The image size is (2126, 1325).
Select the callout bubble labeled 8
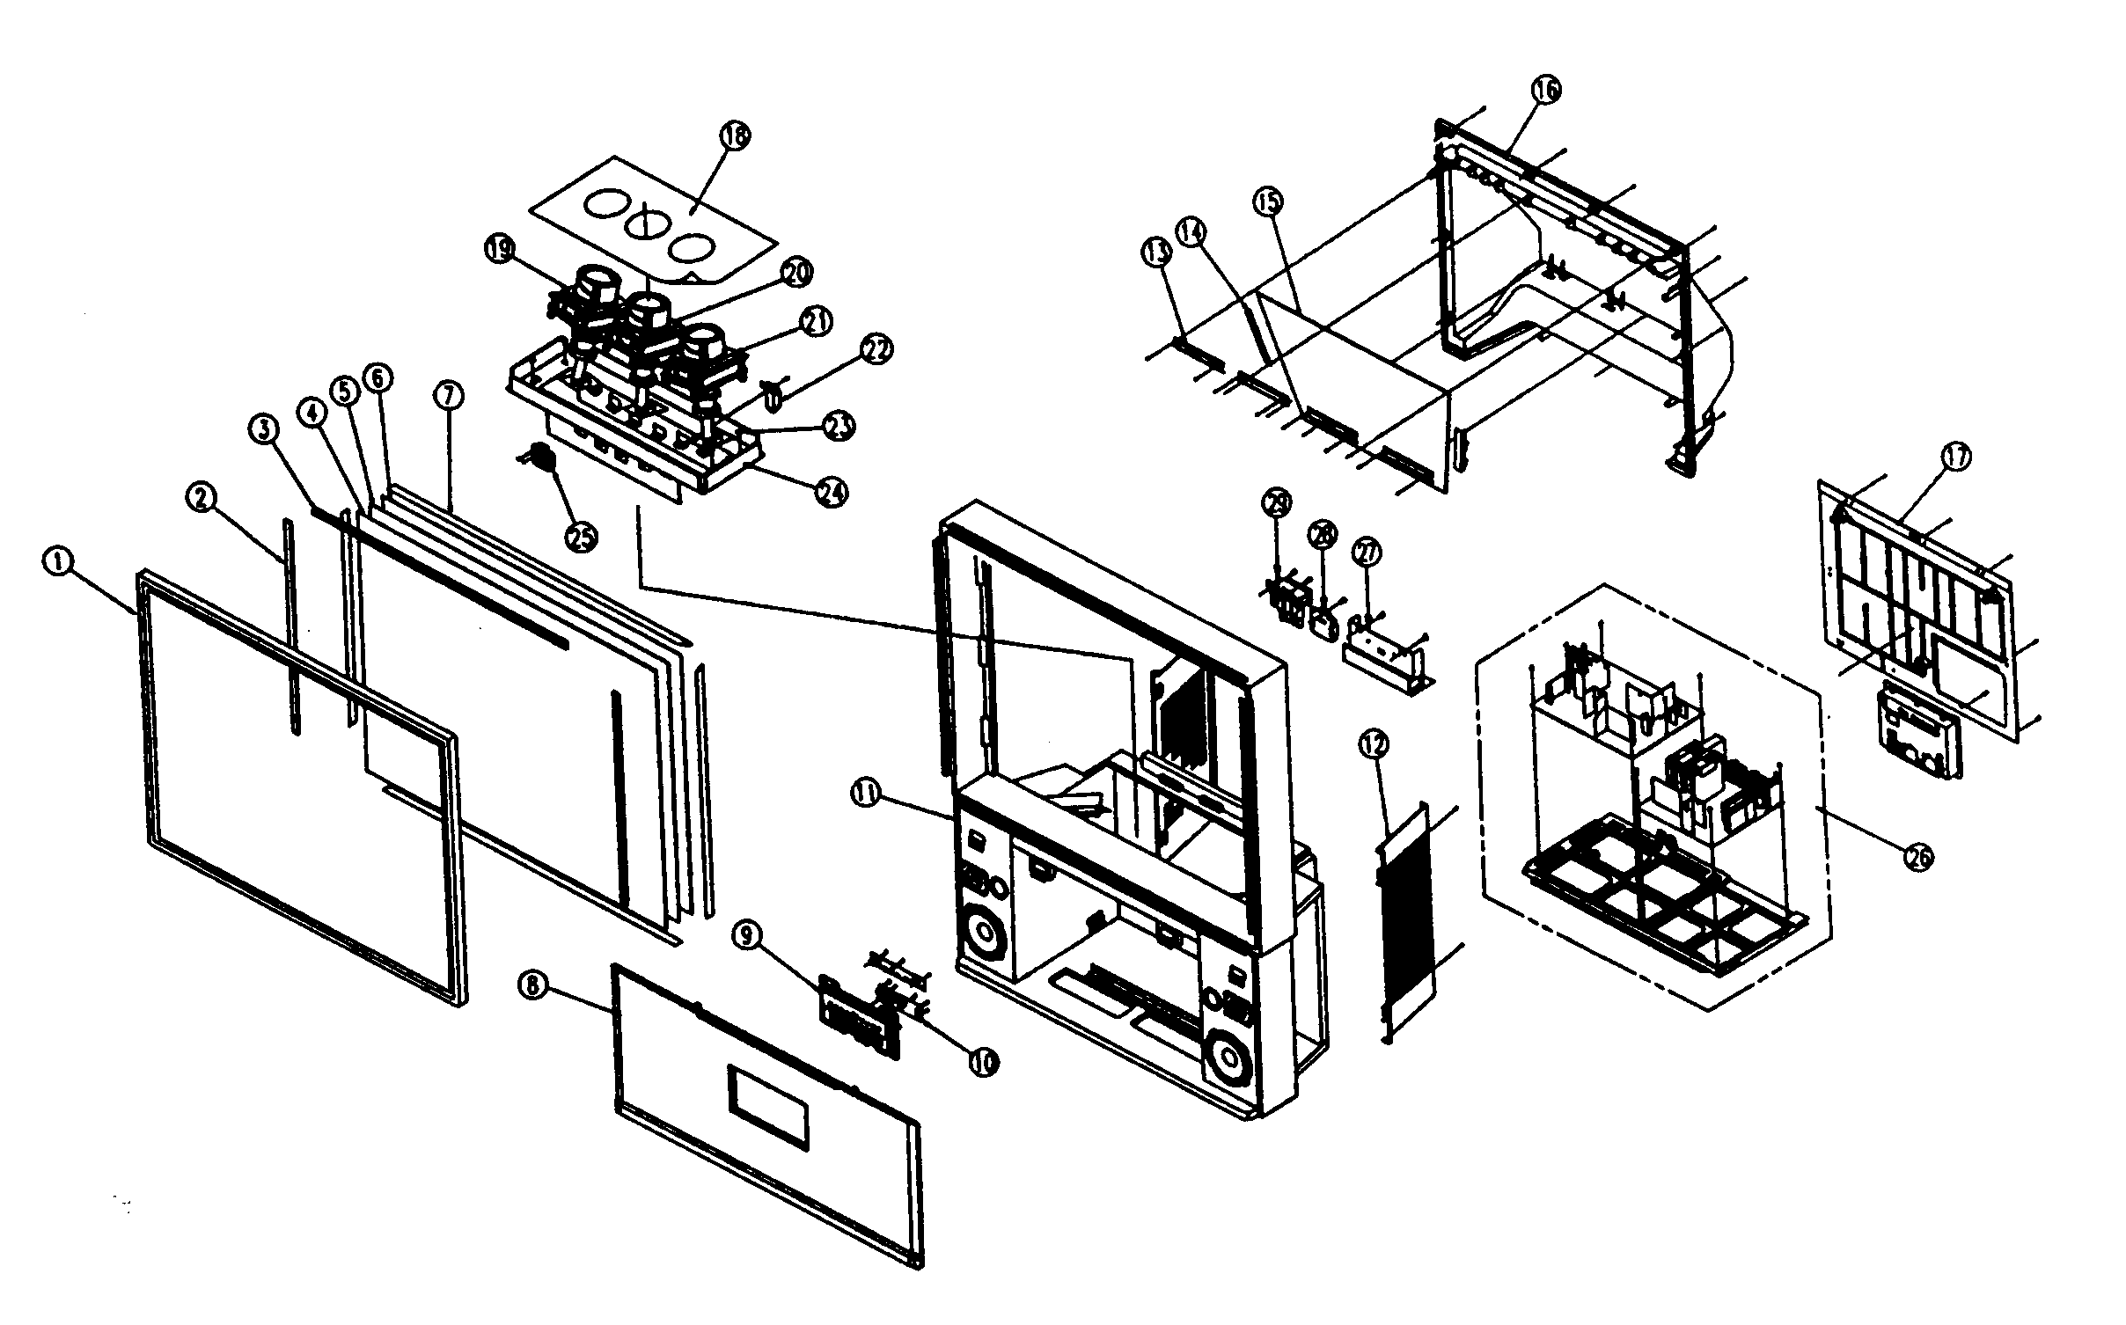(x=533, y=986)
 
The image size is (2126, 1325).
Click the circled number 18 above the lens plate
(x=735, y=135)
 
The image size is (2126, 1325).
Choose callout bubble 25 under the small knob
(x=582, y=538)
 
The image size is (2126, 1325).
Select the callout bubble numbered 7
(x=448, y=397)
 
